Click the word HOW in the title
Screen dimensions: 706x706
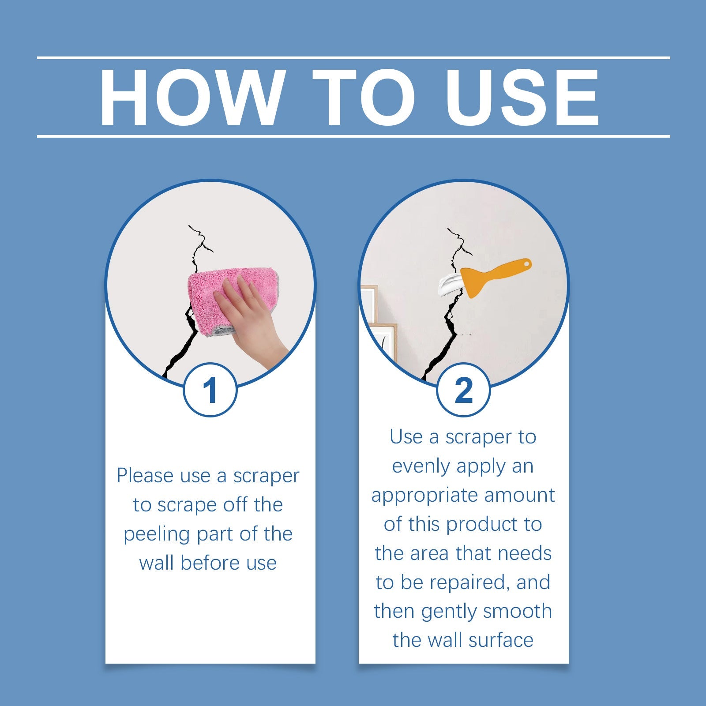(x=191, y=98)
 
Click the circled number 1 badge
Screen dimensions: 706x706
(x=210, y=390)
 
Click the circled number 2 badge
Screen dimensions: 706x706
(x=463, y=390)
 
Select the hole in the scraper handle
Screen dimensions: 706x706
(x=526, y=264)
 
